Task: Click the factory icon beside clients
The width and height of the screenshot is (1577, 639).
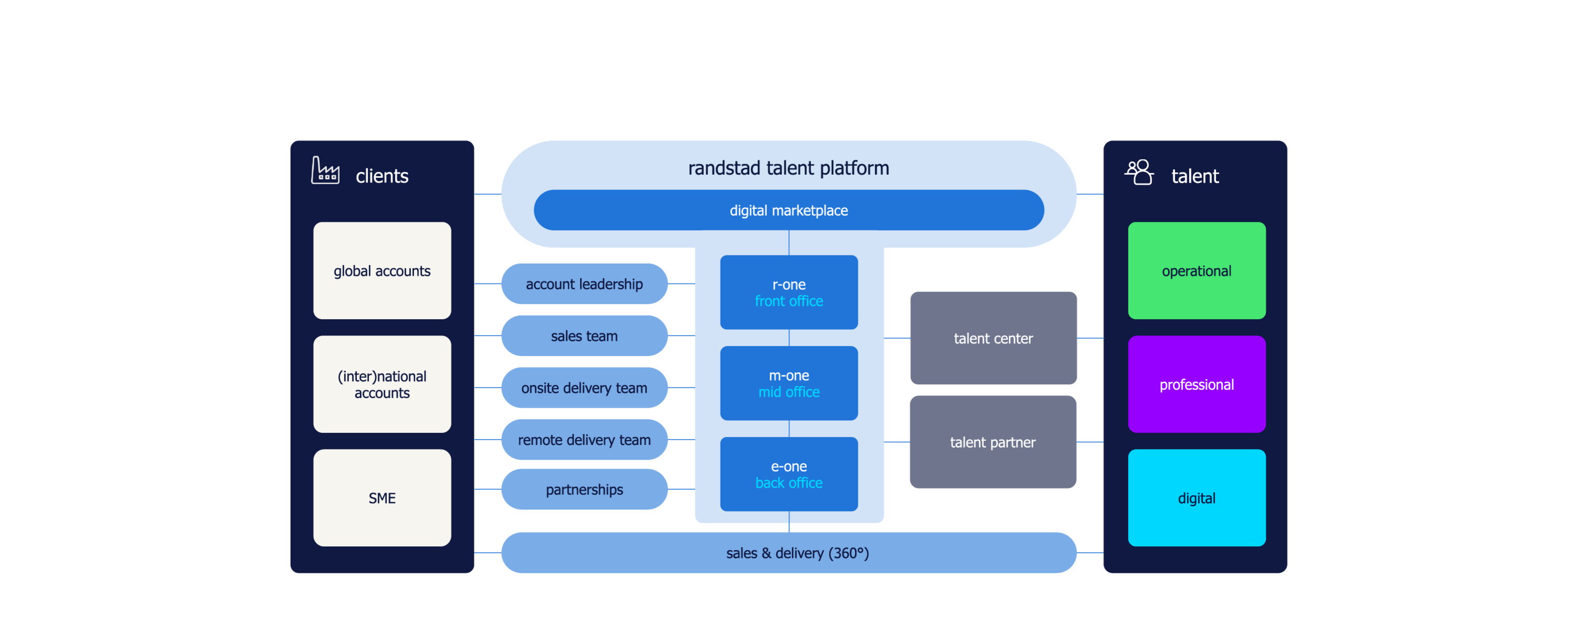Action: tap(325, 170)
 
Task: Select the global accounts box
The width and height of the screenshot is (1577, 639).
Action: tap(382, 271)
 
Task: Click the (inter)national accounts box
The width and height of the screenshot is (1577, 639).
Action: tap(382, 384)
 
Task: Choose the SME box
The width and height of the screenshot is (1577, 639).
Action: tap(382, 498)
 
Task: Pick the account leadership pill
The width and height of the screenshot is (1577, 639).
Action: tap(584, 283)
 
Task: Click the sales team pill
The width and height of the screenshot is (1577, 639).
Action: tap(584, 336)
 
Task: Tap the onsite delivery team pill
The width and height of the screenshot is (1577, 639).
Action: tap(584, 388)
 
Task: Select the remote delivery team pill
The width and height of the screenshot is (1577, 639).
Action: tap(584, 440)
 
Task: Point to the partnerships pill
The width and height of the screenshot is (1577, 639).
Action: tap(584, 490)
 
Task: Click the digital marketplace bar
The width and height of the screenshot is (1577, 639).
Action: tap(788, 210)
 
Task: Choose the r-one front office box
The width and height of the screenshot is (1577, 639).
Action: tap(788, 292)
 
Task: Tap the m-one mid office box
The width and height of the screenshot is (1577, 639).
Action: tap(788, 383)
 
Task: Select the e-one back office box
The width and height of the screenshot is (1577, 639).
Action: tap(788, 474)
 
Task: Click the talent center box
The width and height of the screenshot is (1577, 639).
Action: tap(993, 338)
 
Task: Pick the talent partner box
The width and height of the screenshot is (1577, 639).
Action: tap(993, 442)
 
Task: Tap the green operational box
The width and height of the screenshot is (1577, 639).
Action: tap(1196, 271)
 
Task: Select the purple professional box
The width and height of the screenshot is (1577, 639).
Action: tap(1196, 384)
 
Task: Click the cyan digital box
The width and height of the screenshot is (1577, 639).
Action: tap(1196, 498)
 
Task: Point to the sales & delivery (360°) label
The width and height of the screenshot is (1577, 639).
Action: tap(797, 553)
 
